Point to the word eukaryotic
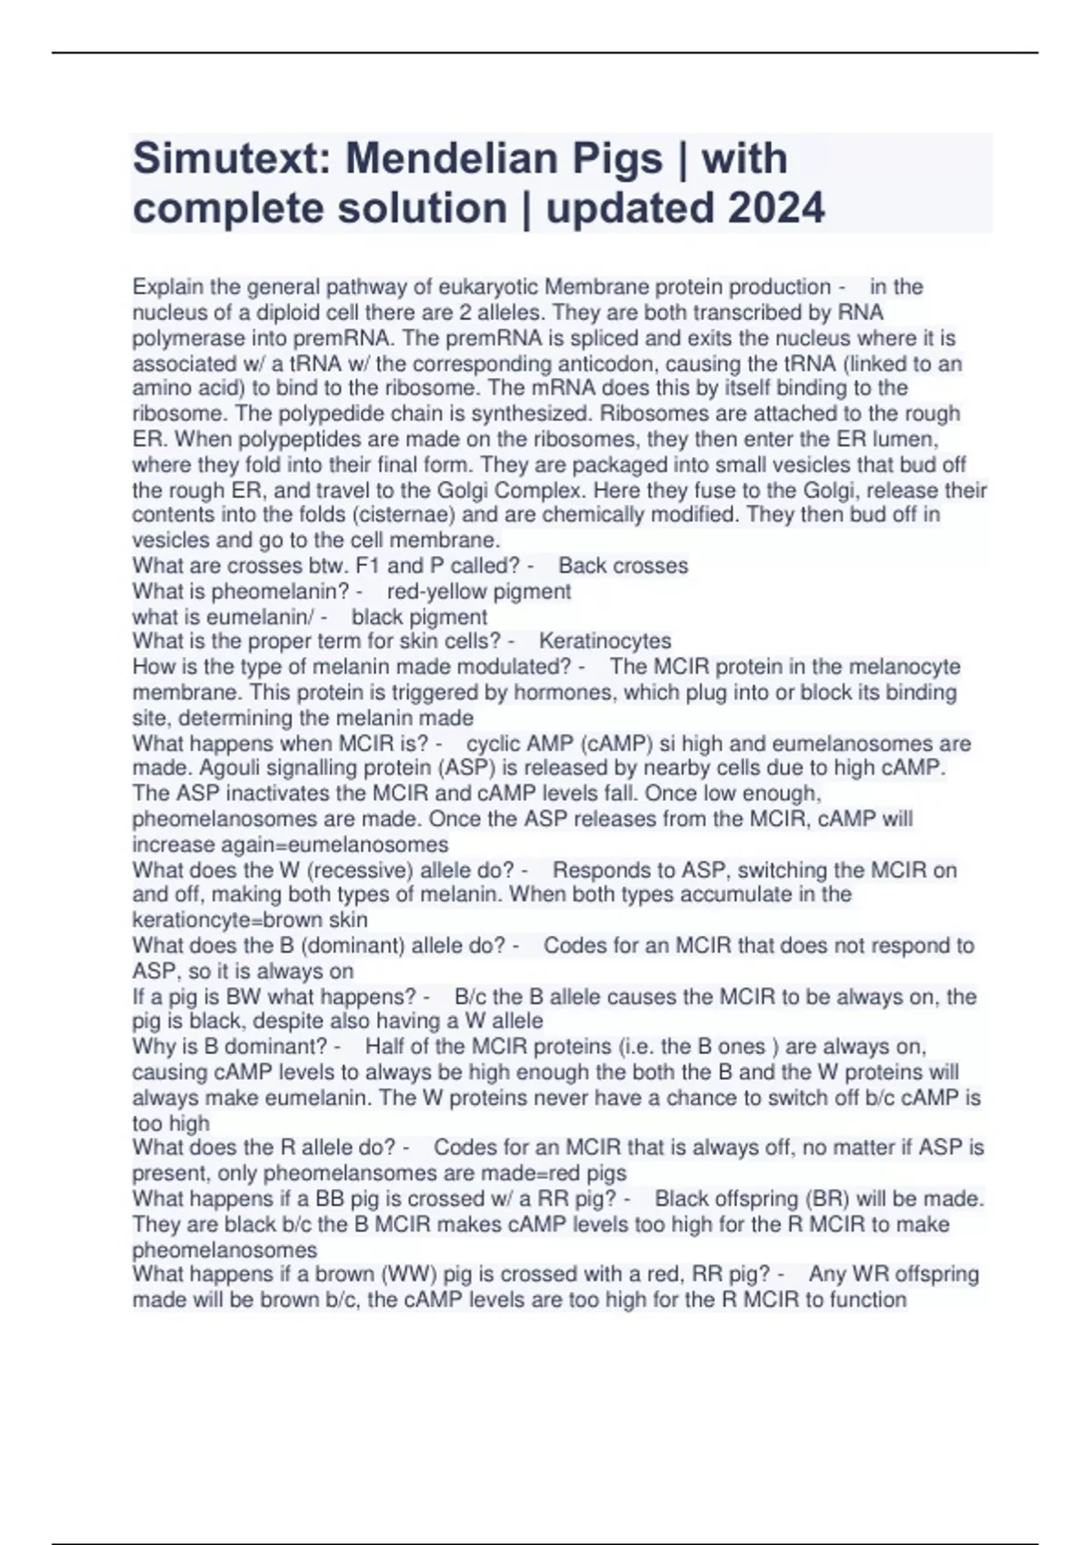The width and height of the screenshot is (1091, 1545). pyautogui.click(x=487, y=287)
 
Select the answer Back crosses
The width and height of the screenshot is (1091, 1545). pyautogui.click(x=623, y=565)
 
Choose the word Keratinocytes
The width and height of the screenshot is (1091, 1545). pyautogui.click(x=605, y=642)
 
